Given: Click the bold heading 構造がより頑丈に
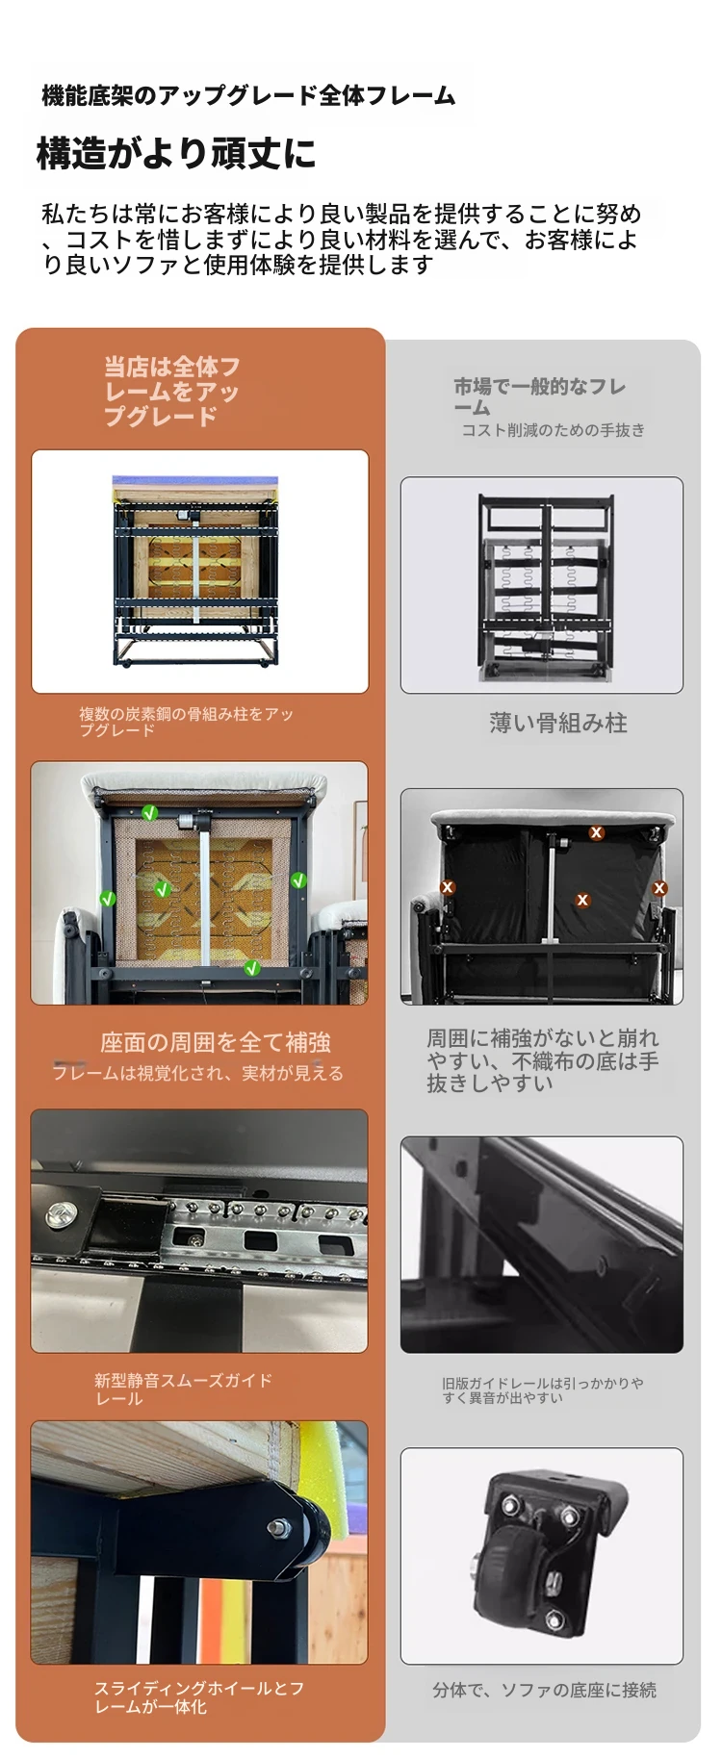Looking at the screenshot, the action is click(176, 153).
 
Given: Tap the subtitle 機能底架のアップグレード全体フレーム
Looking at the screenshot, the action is click(248, 95).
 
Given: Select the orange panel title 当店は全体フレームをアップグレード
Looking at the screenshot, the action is click(171, 392).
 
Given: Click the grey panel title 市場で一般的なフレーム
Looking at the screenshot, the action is click(540, 396).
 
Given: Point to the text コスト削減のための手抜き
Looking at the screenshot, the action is click(554, 430).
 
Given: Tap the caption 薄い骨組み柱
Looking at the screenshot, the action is click(558, 723).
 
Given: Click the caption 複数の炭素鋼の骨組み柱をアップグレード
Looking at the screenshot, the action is click(186, 722).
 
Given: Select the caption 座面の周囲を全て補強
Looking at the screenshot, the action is click(216, 1042).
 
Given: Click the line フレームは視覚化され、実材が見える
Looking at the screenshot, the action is click(197, 1073).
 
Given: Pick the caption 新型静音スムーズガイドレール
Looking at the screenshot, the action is click(183, 1389).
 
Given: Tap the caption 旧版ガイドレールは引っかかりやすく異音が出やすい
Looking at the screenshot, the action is click(543, 1389).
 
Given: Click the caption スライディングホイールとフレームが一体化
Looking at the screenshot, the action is click(198, 1696).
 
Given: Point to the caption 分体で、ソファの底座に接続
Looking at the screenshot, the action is click(545, 1690).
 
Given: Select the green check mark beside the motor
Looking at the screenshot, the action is click(150, 813).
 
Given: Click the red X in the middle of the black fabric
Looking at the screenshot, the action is click(582, 901).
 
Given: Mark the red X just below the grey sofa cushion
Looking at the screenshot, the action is click(597, 832).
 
